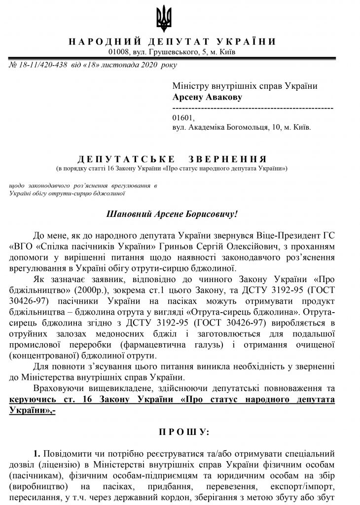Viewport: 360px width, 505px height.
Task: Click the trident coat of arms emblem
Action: (x=164, y=19)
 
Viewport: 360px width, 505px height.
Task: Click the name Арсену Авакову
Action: (x=207, y=97)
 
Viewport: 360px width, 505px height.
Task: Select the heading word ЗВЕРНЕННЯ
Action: (x=228, y=159)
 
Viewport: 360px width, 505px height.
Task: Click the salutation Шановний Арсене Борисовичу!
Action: (x=172, y=215)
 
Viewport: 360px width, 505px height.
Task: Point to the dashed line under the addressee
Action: (x=252, y=107)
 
